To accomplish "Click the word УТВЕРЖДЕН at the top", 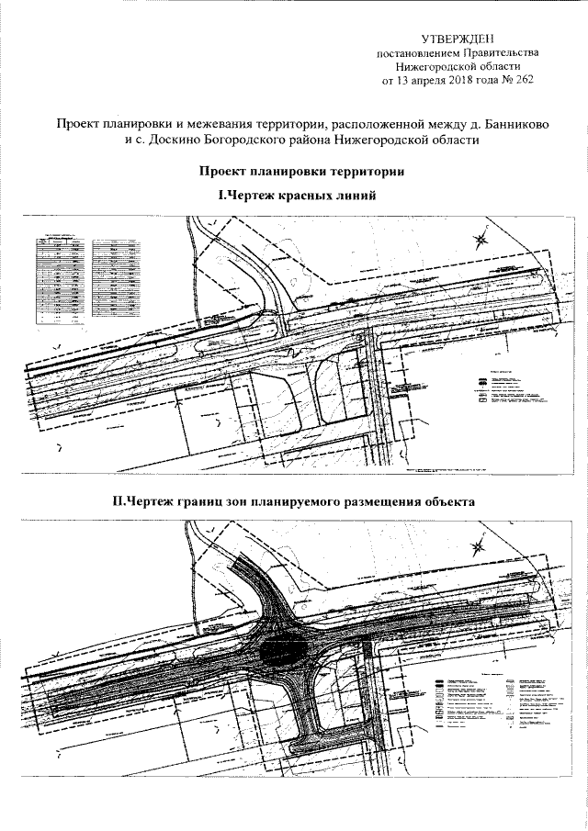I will coord(457,39).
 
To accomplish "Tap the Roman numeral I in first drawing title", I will coord(220,196).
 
